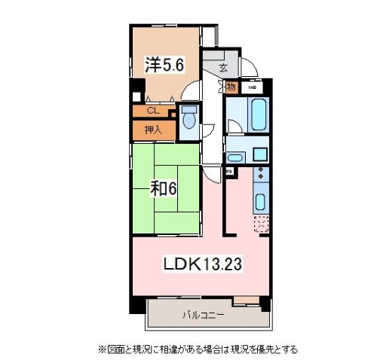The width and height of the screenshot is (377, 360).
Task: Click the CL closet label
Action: pos(152,111)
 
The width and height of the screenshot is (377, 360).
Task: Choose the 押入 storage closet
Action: pos(152,128)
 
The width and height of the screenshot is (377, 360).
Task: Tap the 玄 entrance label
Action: pos(224,67)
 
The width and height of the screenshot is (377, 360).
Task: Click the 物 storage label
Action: pos(231,88)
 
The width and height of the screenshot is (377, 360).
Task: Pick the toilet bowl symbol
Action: pos(188,118)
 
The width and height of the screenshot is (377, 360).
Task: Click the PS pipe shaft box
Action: pos(227,171)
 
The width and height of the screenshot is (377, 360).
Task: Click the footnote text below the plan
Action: pos(198,349)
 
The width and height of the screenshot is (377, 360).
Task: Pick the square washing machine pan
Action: pos(260,154)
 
